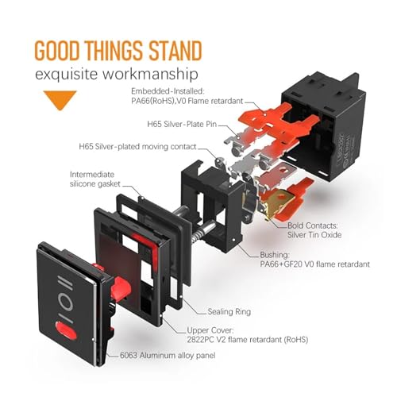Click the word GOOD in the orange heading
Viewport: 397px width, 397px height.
pos(57,50)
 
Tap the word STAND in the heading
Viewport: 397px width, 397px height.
pos(175,50)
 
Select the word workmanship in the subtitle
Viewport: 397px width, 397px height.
pos(150,74)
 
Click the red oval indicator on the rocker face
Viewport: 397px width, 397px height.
pos(66,330)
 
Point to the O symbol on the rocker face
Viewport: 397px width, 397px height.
pos(67,302)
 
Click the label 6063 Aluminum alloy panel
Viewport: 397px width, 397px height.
pos(168,355)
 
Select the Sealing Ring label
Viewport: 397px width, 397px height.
pos(229,312)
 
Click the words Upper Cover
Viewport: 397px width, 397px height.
pos(210,330)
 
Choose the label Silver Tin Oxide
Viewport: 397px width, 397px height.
pos(314,235)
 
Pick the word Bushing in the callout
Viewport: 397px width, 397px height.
pos(275,255)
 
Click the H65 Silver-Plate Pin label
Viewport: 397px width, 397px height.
pos(182,124)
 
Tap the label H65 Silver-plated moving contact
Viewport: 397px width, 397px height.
pos(137,147)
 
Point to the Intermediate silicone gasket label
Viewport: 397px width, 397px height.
pos(95,179)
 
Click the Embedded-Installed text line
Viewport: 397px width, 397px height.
pos(168,91)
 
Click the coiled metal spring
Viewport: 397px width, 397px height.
pos(200,233)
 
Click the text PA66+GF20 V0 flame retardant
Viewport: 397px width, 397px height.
pos(315,264)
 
